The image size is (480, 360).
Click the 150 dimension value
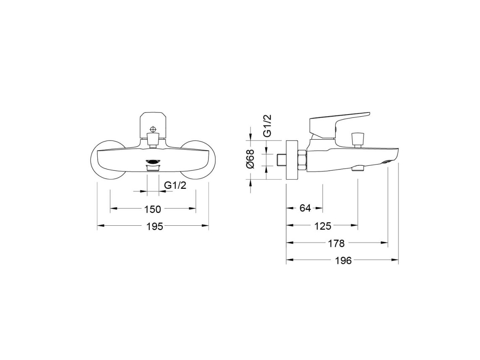click(152, 209)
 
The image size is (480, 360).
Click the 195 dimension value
click(154, 227)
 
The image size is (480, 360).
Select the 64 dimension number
click(305, 208)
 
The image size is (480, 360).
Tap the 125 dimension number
click(323, 226)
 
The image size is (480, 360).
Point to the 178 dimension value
click(336, 243)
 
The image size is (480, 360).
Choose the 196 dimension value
click(343, 261)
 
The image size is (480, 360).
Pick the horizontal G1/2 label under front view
click(175, 185)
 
